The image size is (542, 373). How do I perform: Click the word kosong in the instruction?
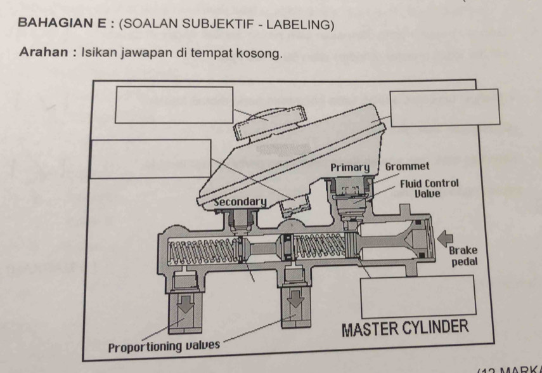257,53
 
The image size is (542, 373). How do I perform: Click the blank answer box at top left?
174,105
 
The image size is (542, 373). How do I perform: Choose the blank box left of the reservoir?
152,158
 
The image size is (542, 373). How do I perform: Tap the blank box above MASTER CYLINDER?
417,297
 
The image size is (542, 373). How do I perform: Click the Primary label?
349,167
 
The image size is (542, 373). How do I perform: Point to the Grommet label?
407,167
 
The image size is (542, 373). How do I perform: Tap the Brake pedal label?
463,256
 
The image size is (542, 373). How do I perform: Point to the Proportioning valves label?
164,347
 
